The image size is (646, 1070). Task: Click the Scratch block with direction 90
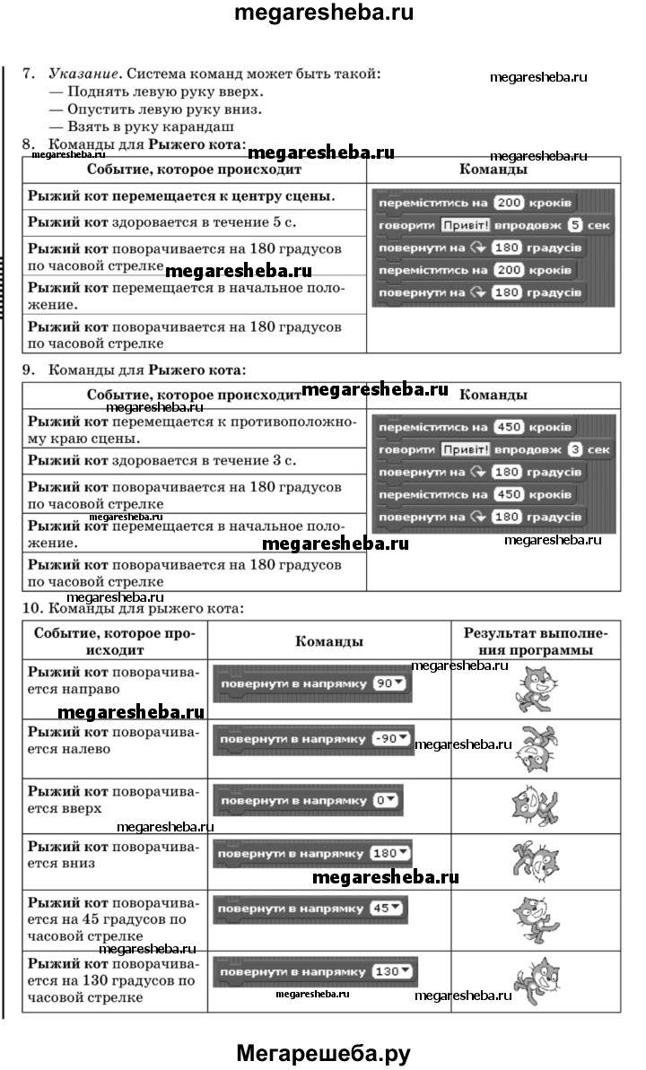(x=310, y=684)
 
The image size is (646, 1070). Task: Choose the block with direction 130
(x=314, y=971)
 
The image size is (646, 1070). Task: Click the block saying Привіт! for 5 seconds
(x=493, y=225)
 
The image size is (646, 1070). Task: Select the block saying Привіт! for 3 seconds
(x=493, y=449)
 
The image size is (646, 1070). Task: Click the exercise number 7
(x=29, y=74)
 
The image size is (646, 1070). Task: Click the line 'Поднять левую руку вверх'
(x=156, y=91)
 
